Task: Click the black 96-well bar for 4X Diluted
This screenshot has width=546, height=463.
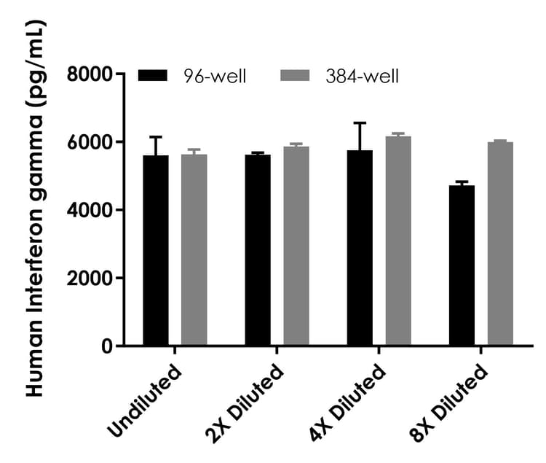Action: pos(360,248)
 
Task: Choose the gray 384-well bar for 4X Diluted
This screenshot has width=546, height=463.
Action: pos(398,241)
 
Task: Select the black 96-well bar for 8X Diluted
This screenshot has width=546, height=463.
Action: pos(462,265)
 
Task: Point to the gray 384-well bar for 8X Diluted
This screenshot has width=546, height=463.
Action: pos(500,244)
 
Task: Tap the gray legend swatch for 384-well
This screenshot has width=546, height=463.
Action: pos(296,75)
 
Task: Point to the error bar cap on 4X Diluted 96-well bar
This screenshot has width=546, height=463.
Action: pos(360,122)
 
